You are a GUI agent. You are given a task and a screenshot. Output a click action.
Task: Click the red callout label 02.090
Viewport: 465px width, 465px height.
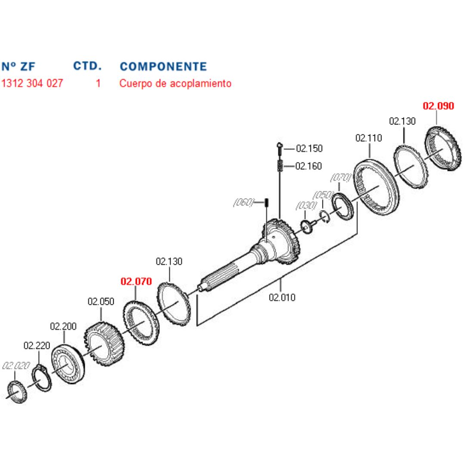438,106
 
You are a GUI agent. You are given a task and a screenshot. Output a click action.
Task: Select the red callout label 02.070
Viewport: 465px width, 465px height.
136,281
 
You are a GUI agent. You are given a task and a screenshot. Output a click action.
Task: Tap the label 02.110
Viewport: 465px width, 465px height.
369,138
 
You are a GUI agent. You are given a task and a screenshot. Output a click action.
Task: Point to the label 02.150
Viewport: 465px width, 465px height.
309,148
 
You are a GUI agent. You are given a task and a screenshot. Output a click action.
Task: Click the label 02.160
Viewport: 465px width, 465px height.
309,166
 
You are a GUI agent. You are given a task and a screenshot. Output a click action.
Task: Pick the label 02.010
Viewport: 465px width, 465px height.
282,297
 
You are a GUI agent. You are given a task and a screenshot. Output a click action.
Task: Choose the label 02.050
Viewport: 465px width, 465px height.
101,301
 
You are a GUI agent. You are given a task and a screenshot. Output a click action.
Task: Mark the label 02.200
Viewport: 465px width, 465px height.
63,326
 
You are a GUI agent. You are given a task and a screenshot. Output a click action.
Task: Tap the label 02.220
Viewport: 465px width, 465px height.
37,345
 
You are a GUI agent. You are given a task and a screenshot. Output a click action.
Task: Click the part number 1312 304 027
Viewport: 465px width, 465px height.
32,83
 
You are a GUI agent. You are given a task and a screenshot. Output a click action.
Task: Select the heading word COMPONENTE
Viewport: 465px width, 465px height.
163,66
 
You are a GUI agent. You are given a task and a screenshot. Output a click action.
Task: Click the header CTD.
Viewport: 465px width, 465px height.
87,66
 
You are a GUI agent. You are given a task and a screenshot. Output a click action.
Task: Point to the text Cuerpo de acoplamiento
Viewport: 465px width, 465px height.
175,84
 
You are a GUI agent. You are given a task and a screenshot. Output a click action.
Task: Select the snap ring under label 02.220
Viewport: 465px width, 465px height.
42,378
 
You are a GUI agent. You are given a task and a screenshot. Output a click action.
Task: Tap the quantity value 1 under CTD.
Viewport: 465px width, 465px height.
99,83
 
